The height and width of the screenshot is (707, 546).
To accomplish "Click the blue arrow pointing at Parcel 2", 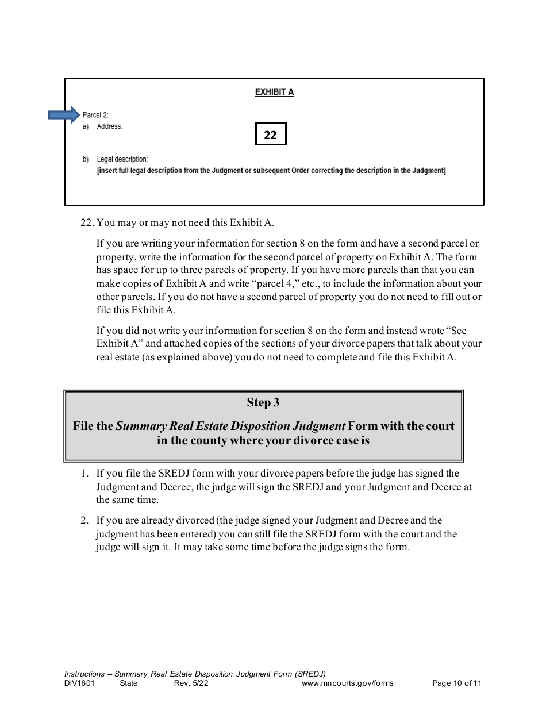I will pyautogui.click(x=63, y=115).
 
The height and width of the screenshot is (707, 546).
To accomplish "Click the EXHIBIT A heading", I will pyautogui.click(x=274, y=92).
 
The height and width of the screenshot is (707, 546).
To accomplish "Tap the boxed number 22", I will pyautogui.click(x=271, y=135).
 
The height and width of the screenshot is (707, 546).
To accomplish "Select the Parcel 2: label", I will pyautogui.click(x=95, y=115).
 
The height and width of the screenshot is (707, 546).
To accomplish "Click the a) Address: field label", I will pyautogui.click(x=109, y=126).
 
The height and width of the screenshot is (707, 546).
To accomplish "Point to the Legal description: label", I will pyautogui.click(x=122, y=159).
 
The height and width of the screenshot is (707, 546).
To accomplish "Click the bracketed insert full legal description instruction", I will pyautogui.click(x=271, y=171).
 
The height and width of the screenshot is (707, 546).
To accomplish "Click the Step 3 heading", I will pyautogui.click(x=263, y=402).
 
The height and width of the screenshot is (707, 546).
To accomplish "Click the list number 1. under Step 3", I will pyautogui.click(x=84, y=473).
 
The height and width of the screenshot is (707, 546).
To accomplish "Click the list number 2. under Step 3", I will pyautogui.click(x=84, y=520).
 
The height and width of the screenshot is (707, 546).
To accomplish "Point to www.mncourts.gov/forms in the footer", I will pyautogui.click(x=347, y=683).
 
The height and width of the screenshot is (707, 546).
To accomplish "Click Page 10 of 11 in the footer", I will pyautogui.click(x=456, y=683).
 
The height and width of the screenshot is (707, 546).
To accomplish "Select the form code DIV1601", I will pyautogui.click(x=79, y=683).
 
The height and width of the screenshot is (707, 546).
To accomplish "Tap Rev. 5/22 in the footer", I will pyautogui.click(x=187, y=683).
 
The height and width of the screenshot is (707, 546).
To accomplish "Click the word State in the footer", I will pyautogui.click(x=129, y=683).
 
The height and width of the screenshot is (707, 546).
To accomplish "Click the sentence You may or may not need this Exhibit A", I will pyautogui.click(x=186, y=222).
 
